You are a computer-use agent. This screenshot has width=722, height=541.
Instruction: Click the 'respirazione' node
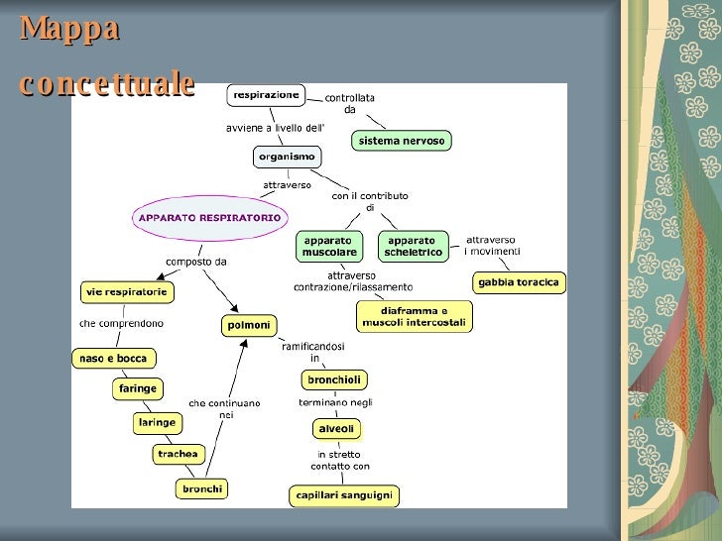click(x=267, y=95)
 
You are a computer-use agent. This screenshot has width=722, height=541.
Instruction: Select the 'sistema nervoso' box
click(x=403, y=141)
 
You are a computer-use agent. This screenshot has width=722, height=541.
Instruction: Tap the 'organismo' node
click(x=287, y=157)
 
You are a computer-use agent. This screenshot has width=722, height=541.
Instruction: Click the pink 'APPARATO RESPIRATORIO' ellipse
click(x=209, y=217)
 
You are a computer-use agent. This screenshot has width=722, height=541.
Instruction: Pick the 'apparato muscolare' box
click(x=329, y=247)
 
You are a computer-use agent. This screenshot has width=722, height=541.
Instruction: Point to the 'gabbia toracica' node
click(x=518, y=282)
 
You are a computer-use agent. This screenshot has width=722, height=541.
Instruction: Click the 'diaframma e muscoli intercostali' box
click(x=415, y=317)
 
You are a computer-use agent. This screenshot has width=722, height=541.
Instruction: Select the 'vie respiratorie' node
click(x=127, y=291)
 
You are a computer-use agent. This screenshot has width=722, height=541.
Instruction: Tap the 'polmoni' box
click(x=249, y=324)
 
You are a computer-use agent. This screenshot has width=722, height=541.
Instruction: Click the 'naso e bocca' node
click(x=113, y=359)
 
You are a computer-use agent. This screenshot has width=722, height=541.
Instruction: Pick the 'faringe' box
click(x=138, y=388)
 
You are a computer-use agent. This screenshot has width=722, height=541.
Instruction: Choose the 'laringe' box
click(x=157, y=422)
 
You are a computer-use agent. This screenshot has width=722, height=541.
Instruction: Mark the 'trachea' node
click(x=179, y=454)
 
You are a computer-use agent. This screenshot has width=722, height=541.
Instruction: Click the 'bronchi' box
click(x=202, y=488)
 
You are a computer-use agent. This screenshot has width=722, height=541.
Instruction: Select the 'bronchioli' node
click(x=334, y=379)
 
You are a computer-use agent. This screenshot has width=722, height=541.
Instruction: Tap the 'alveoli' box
click(x=335, y=429)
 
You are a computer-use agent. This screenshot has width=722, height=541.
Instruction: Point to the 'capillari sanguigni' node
click(x=344, y=494)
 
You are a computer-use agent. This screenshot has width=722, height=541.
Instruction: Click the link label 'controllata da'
click(x=350, y=103)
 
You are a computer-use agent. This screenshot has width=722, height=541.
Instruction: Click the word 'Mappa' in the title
click(x=68, y=29)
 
